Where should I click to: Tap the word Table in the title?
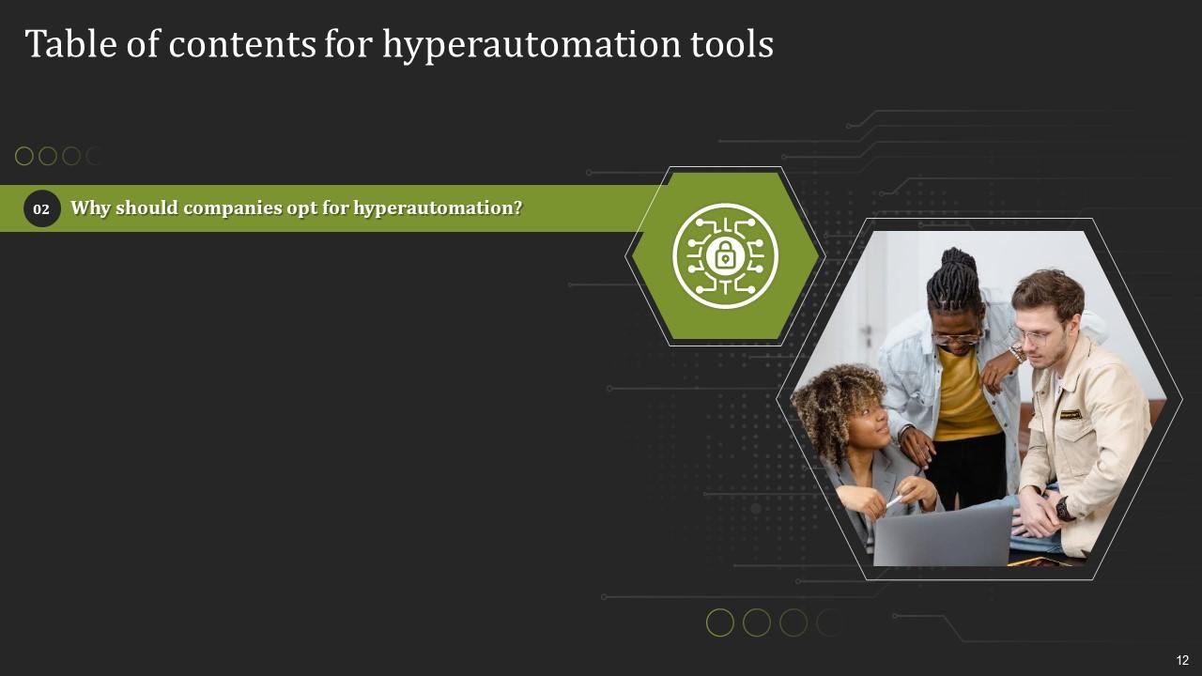(70, 43)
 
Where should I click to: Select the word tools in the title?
(732, 43)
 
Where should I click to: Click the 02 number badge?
(41, 208)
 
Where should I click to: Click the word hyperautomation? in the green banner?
(438, 208)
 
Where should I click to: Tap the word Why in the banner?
(90, 208)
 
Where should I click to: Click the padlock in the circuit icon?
(724, 255)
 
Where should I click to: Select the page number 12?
(1182, 660)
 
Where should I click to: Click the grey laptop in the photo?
(942, 536)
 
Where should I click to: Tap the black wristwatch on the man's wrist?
(1062, 508)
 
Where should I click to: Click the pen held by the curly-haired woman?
(895, 501)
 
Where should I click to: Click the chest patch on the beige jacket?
(1070, 415)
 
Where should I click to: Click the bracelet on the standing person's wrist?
(1016, 354)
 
